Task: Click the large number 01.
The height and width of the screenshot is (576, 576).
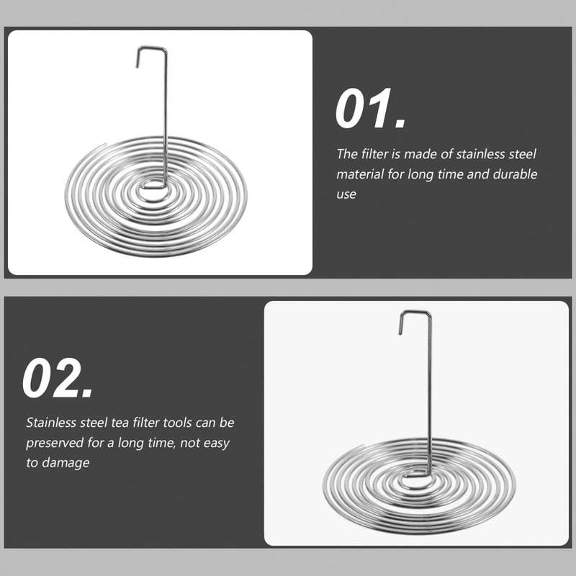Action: click(370, 109)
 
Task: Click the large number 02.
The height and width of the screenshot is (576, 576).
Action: click(58, 379)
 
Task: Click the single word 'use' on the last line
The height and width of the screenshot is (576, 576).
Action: click(346, 194)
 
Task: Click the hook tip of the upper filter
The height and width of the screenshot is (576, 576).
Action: click(137, 66)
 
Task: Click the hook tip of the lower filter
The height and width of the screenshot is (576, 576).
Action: click(400, 332)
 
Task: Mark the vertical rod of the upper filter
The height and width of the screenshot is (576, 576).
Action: click(166, 117)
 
